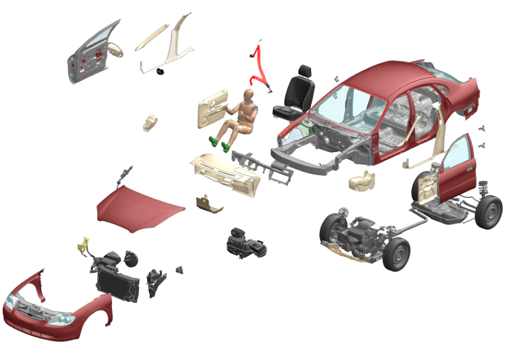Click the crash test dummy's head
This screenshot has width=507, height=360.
pos(248,96)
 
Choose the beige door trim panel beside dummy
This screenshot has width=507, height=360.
pos(213,108)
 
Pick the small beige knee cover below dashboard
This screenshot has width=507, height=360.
pos(209,203)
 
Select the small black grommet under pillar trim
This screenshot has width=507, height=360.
pos(161,71)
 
